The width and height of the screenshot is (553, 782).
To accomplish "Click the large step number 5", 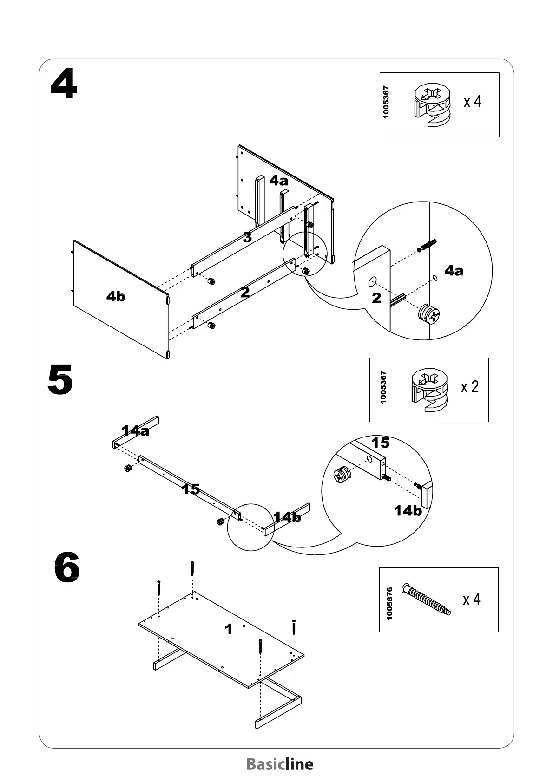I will [x=60, y=380].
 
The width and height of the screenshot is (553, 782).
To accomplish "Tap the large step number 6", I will [x=67, y=568].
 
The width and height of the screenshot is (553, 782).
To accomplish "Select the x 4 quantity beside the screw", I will [x=471, y=600].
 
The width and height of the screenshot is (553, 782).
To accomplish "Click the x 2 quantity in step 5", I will [x=469, y=387].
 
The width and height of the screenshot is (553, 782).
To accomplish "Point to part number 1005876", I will [x=389, y=603].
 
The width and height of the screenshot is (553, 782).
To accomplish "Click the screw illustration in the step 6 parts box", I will [x=427, y=599].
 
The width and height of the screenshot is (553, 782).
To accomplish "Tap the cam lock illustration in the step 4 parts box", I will [x=432, y=104].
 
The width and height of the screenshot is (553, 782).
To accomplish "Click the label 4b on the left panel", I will [x=116, y=296].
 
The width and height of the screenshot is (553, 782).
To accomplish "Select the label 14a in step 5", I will [x=135, y=430].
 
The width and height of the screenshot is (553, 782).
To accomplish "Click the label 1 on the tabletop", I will [x=228, y=629].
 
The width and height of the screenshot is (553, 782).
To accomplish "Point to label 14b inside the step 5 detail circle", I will [x=408, y=511].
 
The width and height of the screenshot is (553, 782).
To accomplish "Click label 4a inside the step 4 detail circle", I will [x=454, y=271].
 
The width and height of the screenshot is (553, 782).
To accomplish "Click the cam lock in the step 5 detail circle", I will [x=343, y=476].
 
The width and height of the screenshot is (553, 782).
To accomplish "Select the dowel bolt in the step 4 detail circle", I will [x=427, y=245].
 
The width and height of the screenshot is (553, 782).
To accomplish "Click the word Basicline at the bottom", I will [x=280, y=764].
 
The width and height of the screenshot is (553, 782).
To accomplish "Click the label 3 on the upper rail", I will [x=248, y=238].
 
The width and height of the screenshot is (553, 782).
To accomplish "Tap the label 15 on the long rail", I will [x=191, y=489].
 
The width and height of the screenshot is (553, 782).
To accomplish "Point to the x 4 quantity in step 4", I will [x=472, y=101].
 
